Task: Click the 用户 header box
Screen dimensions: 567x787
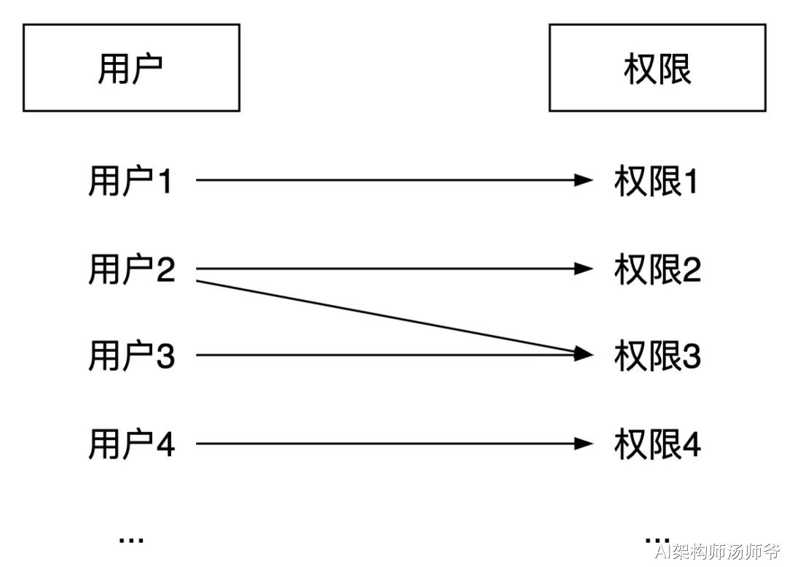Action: [131, 68]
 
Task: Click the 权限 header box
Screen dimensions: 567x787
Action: [657, 68]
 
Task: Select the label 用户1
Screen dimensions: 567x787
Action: [130, 181]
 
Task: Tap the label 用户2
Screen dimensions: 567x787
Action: [131, 269]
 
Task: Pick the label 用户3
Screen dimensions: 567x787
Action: [131, 356]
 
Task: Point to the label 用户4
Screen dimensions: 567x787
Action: [131, 444]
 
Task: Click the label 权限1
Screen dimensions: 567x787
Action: [656, 181]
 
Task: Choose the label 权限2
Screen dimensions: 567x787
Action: [657, 269]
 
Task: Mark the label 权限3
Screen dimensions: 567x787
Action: [657, 356]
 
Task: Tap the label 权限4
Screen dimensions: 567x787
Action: [657, 444]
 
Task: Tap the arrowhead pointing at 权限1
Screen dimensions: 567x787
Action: [584, 180]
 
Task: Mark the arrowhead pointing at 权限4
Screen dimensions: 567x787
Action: [584, 443]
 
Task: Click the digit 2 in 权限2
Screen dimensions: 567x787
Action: [691, 269]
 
